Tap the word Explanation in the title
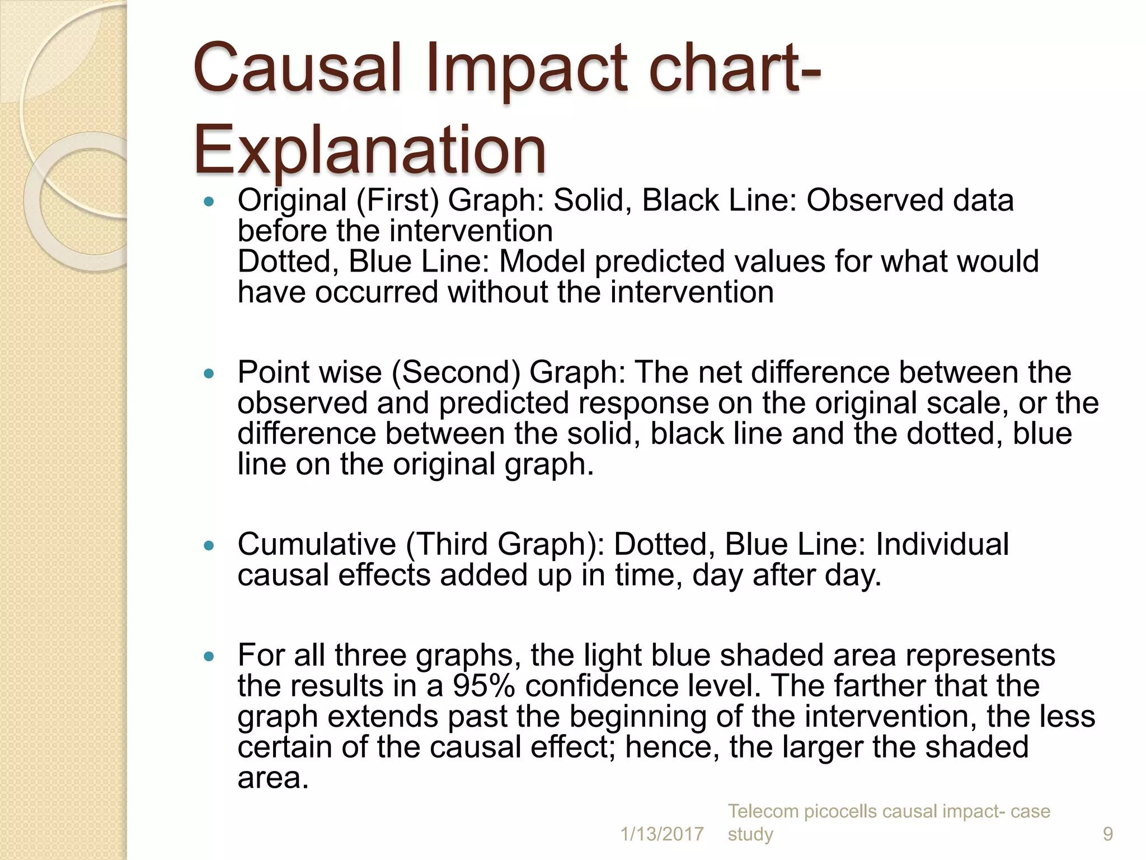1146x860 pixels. [369, 150]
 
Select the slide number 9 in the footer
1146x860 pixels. [1107, 834]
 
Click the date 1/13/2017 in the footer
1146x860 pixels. [662, 834]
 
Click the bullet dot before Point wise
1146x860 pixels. [209, 373]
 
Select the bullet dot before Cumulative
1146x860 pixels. [209, 545]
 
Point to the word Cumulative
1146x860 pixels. [317, 544]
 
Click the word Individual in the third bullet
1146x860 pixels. [942, 544]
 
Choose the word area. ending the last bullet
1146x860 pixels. [273, 778]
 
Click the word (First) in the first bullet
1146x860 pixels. [397, 200]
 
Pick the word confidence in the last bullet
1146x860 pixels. [607, 686]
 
